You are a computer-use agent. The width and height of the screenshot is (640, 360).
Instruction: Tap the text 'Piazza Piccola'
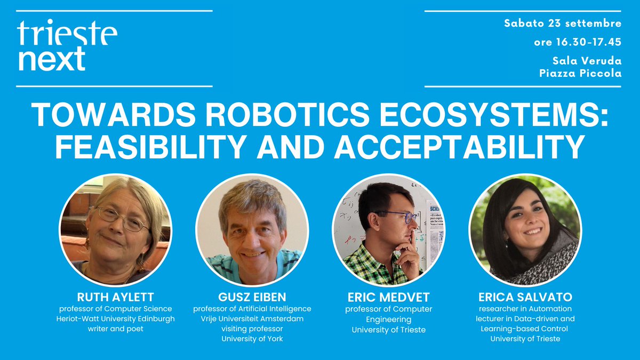click(580, 73)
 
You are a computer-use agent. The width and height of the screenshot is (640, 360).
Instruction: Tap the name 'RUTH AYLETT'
click(115, 298)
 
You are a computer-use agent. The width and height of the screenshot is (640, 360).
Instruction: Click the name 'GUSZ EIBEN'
click(252, 298)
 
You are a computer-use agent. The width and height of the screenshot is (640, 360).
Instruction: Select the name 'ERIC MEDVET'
click(388, 298)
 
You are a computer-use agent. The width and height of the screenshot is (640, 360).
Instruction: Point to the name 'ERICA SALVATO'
click(525, 298)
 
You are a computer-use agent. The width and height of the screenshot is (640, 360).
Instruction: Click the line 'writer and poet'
click(115, 329)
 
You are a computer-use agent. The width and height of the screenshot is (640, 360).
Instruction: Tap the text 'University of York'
click(252, 339)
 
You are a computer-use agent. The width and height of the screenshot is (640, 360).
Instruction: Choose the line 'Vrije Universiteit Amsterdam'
click(252, 319)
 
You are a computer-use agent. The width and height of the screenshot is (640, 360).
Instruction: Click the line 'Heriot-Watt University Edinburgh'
click(115, 319)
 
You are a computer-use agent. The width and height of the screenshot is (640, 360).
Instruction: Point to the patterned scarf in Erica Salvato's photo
click(549, 264)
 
